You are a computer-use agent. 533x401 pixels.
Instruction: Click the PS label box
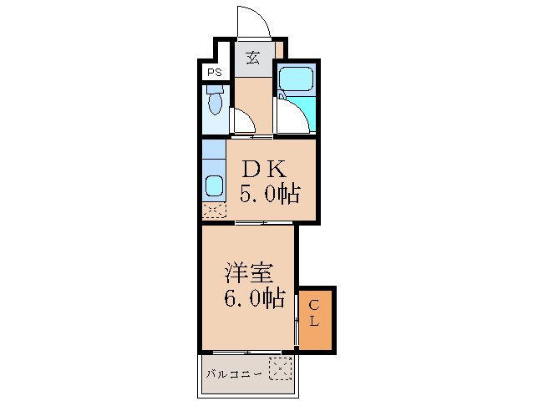tap(215, 72)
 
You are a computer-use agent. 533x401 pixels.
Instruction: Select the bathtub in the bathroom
tap(294, 82)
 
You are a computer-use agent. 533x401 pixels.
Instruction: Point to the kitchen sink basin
tap(214, 185)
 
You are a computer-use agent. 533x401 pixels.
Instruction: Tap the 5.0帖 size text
tap(269, 195)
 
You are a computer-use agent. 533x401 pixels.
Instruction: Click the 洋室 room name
tap(249, 272)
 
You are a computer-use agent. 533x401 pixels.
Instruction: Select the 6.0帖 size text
tap(254, 297)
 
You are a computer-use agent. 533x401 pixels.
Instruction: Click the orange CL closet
tap(317, 319)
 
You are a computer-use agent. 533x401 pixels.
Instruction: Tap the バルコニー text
tap(235, 373)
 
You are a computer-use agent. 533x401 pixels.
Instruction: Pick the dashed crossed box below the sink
tap(214, 211)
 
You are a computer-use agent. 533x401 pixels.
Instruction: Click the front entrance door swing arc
tap(253, 22)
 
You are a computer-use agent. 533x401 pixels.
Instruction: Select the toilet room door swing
tap(243, 121)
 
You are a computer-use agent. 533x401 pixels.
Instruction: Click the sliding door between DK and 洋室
tap(263, 223)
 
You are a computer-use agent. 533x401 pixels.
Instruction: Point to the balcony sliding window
tap(247, 351)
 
